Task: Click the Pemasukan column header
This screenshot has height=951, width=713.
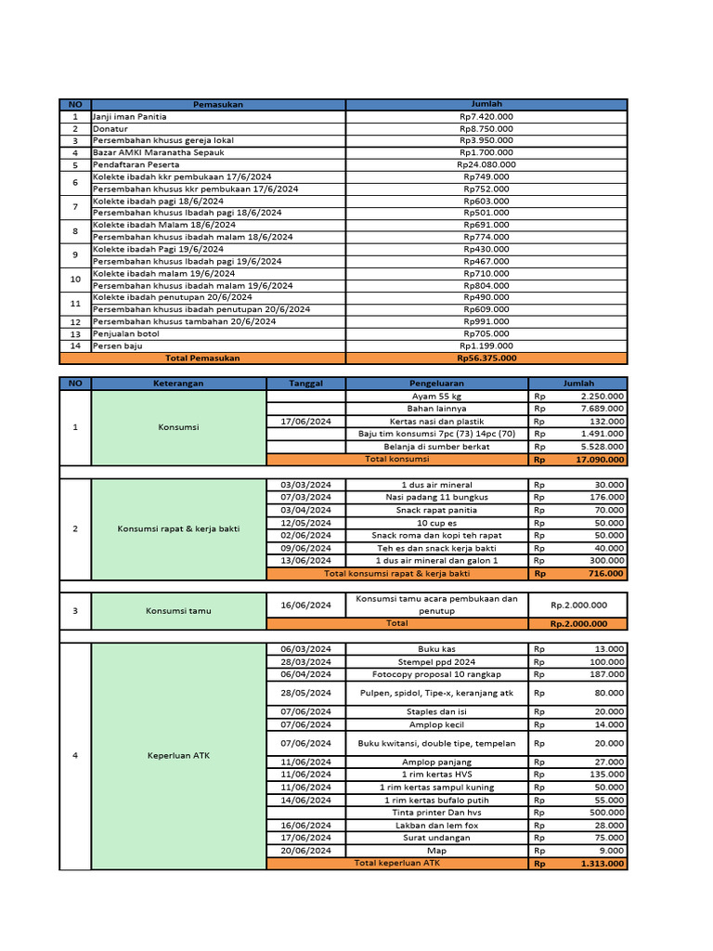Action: click(x=218, y=104)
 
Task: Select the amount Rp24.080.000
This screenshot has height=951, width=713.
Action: click(x=486, y=164)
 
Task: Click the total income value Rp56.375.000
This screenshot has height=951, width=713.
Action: click(x=486, y=358)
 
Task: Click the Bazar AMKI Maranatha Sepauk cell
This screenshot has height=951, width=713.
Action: click(x=152, y=152)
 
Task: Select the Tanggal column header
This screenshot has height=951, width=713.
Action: click(x=305, y=383)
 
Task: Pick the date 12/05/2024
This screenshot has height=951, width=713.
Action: click(x=305, y=523)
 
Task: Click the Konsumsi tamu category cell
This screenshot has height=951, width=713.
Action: click(x=178, y=610)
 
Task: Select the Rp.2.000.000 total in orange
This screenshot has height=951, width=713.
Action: click(x=578, y=624)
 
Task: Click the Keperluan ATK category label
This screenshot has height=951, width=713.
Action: click(x=178, y=755)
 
